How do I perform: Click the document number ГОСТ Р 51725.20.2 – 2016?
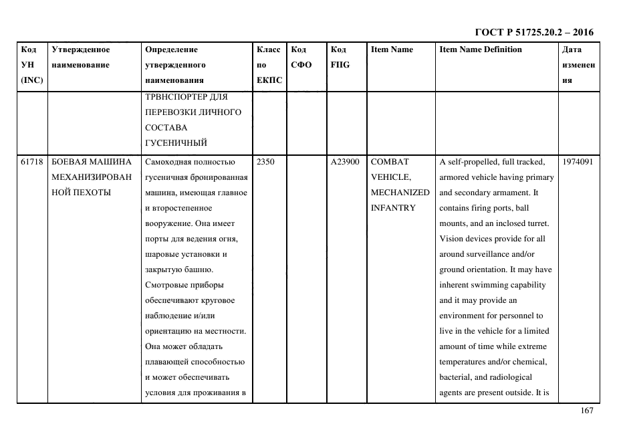[x=533, y=32]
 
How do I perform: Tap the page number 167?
[x=586, y=411]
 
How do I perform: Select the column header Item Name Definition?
[x=481, y=49]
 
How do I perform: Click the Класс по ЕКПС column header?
[x=269, y=65]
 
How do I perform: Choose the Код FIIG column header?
[x=340, y=58]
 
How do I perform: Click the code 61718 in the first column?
[x=32, y=162]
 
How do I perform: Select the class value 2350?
[x=265, y=162]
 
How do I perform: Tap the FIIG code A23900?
[x=346, y=162]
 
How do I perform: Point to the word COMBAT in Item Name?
[x=390, y=162]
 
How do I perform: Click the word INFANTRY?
[x=393, y=208]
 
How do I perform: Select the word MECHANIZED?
[x=400, y=193]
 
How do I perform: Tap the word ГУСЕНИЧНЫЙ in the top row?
[x=176, y=142]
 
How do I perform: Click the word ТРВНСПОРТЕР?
[x=176, y=96]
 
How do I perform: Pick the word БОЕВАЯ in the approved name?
[x=68, y=162]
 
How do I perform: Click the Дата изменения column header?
[x=579, y=65]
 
